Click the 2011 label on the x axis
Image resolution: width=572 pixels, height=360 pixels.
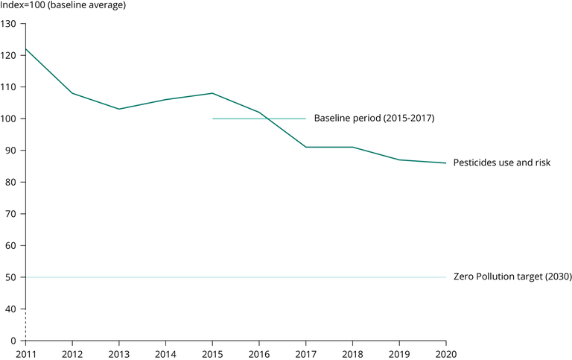[x=25, y=353]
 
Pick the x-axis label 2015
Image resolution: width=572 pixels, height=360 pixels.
[x=212, y=353]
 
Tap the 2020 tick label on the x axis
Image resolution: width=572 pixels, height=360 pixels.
[x=446, y=353]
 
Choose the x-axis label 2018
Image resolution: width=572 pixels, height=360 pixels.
[x=352, y=353]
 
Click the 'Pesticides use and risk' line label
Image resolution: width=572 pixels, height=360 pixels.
[x=502, y=162]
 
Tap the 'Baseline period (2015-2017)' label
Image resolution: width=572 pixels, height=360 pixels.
[x=374, y=119]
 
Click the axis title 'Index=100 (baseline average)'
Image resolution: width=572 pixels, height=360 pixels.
[x=63, y=7]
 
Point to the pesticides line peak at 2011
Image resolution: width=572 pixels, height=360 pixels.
[x=25, y=49]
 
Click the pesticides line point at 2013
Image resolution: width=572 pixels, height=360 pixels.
[x=119, y=109]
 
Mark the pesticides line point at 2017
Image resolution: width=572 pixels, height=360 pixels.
[x=306, y=147]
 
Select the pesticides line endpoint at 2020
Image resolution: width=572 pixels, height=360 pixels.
[x=446, y=163]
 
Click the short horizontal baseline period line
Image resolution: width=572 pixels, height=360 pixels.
[x=259, y=119]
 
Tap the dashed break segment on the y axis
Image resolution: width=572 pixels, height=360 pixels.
[x=25, y=324]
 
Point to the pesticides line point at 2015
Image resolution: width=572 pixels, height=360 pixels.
[x=212, y=93]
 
